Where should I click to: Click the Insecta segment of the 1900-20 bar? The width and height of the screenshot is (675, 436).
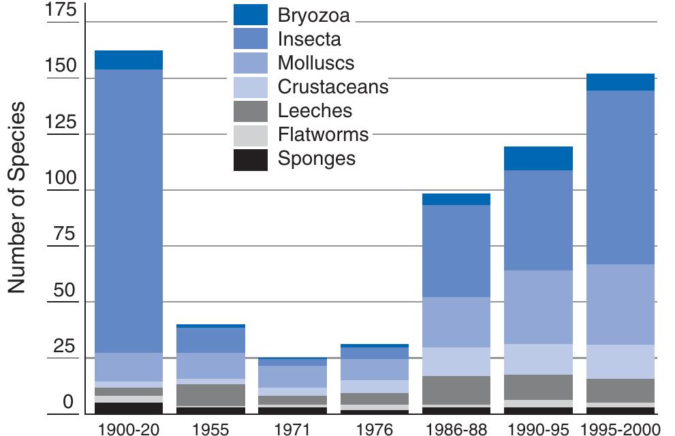coord(128,211)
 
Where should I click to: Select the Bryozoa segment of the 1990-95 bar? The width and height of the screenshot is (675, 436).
coord(538,158)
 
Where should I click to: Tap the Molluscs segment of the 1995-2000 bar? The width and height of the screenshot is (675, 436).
coord(621,305)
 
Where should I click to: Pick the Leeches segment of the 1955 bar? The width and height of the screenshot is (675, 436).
coord(210,395)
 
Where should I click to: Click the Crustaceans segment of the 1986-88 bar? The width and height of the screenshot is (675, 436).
coord(456,362)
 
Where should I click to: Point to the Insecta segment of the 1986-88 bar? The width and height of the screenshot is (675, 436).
coord(456,251)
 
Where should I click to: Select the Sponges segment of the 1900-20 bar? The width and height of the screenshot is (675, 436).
coord(128,408)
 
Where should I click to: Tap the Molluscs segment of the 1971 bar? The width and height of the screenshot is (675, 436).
coord(293,377)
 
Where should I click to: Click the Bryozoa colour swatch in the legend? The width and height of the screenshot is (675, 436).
coord(250,15)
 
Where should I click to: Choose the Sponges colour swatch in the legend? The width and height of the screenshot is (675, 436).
coord(250,159)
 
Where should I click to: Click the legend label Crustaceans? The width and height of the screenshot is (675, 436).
coord(333,87)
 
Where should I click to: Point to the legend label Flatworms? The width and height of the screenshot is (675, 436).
coord(323,135)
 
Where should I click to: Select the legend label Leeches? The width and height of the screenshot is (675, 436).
coord(315,111)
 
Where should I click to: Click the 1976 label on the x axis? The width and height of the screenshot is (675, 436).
coord(375,429)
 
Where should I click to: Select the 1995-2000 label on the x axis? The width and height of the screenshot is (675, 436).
coord(621,429)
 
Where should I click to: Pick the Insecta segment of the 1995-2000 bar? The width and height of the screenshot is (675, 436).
coord(621,177)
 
